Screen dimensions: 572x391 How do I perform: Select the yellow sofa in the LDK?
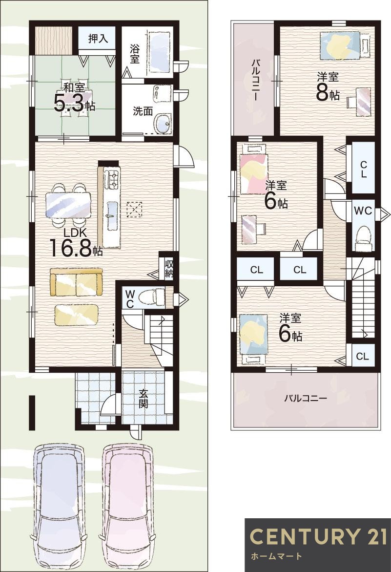coord(76,282)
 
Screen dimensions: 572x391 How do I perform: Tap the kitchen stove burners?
coord(112,180)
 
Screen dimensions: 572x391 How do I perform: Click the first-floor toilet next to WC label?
coord(151,296)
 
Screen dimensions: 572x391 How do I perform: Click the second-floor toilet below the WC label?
coord(362,236)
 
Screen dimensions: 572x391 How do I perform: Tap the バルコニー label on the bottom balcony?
coord(306,398)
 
